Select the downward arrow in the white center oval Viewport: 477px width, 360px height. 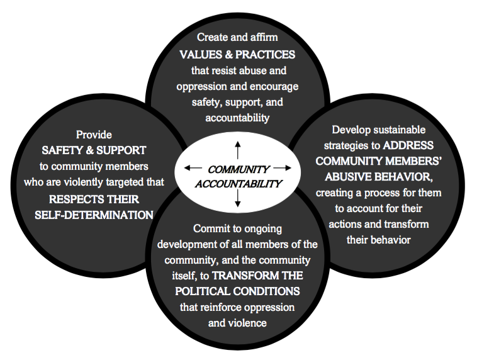pyautogui.click(x=237, y=198)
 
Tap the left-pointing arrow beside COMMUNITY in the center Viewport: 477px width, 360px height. pyautogui.click(x=193, y=168)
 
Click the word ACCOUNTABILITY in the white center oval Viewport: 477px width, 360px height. pyautogui.click(x=239, y=184)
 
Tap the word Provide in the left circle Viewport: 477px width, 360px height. pyautogui.click(x=94, y=135)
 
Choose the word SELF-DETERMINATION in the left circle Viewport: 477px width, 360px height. pyautogui.click(x=94, y=214)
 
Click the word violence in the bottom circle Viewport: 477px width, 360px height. pyautogui.click(x=247, y=323)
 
